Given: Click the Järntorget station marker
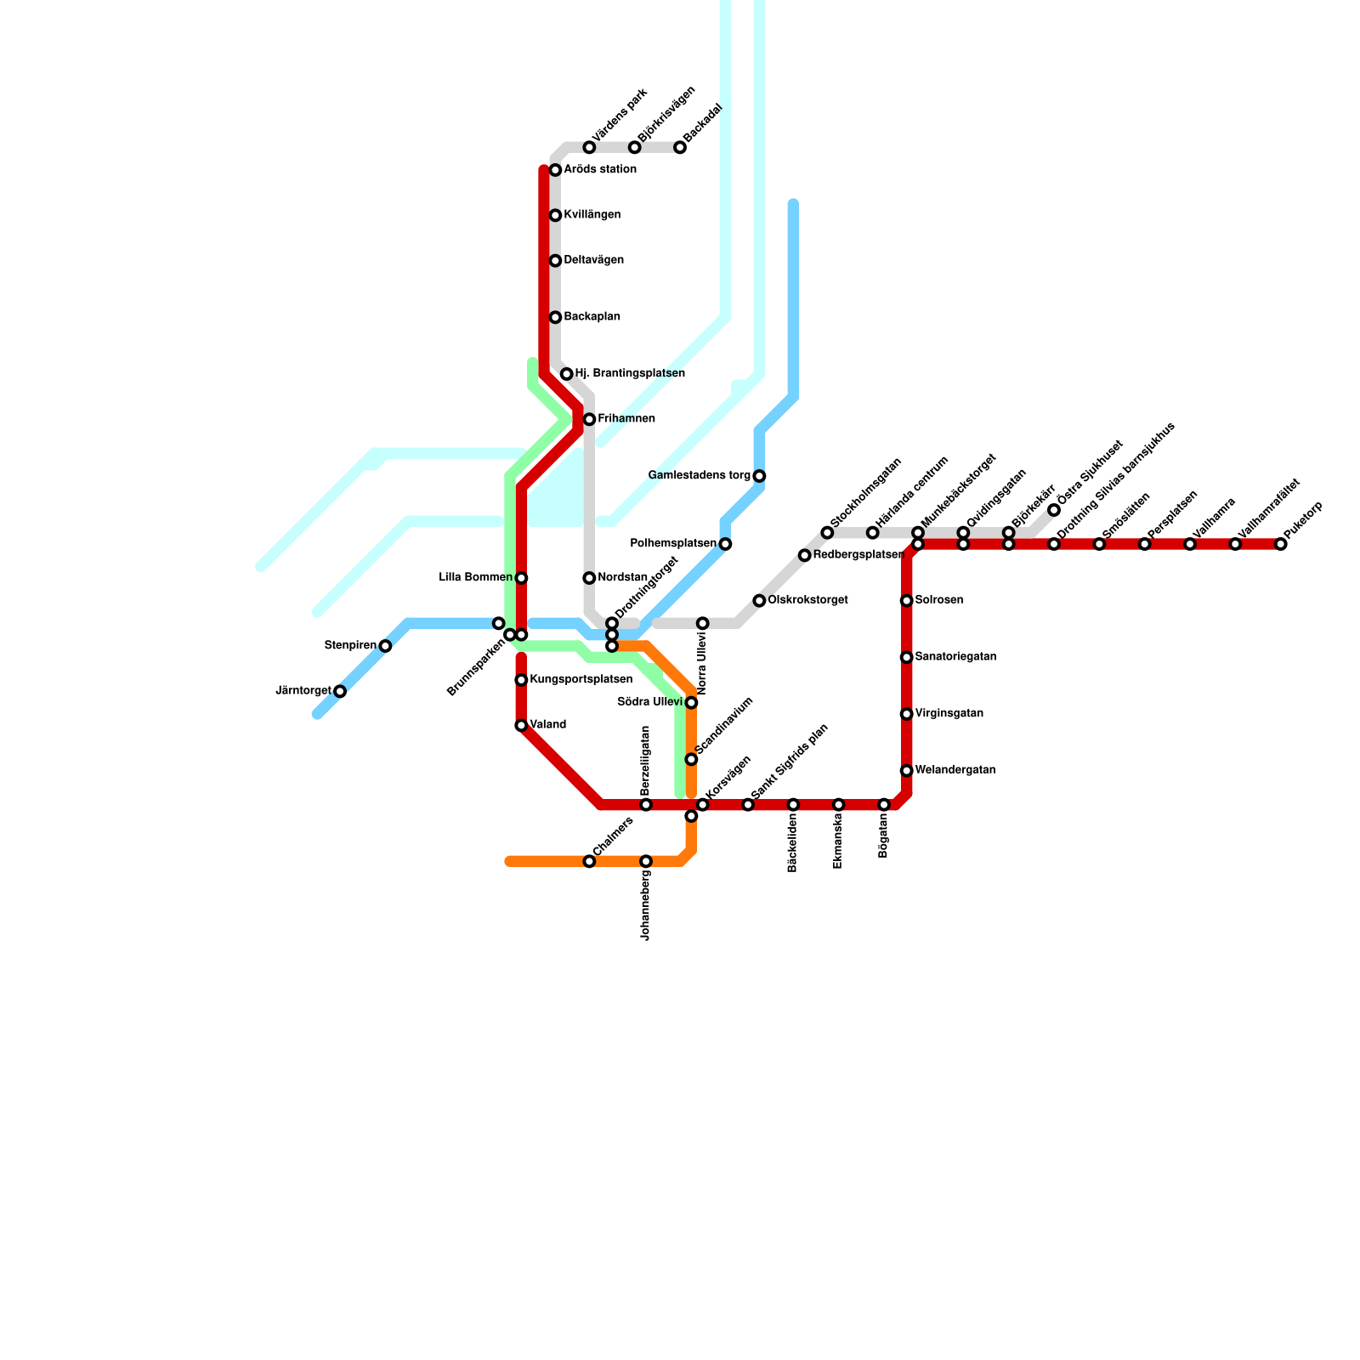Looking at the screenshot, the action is point(340,691).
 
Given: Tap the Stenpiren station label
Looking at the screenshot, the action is point(350,646).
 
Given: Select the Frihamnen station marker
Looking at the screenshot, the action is point(589,419).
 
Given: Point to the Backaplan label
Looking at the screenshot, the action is point(592,317).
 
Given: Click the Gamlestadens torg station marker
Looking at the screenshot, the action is point(759,476).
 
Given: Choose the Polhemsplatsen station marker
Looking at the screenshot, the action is point(725,544).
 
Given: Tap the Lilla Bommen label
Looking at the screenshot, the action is point(475,578).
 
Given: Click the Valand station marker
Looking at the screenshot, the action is point(521,725).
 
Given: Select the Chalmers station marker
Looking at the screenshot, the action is point(589,862).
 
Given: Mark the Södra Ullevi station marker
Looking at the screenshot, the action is point(691,703).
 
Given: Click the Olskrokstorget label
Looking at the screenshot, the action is point(807,600).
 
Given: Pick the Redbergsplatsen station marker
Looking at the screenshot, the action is point(804,555).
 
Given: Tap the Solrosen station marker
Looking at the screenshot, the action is point(907,601).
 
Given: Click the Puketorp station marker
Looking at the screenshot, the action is point(1281,544).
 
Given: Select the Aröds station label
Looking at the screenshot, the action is point(600,170).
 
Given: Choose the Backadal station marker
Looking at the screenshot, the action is point(680,148).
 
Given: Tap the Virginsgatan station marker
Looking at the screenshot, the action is point(907,714).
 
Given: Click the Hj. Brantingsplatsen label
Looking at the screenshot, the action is point(629,373).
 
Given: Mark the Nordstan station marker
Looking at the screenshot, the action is point(589,578).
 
